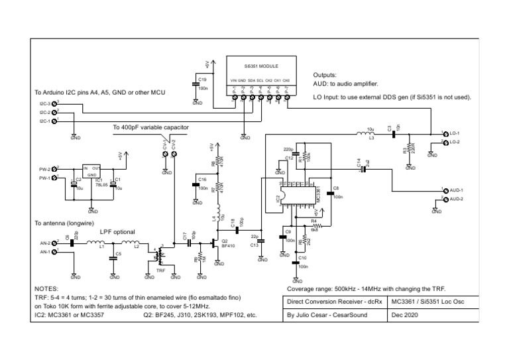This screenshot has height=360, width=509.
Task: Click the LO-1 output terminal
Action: point(446,133)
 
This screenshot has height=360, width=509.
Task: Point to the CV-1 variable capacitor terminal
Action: point(166,154)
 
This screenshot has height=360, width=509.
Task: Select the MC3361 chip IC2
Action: point(299,196)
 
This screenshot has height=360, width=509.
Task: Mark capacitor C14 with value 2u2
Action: point(363,169)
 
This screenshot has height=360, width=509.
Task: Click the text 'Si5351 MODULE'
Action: point(261,67)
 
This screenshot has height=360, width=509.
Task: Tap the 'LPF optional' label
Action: point(117,232)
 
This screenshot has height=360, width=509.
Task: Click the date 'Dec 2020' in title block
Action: point(406,316)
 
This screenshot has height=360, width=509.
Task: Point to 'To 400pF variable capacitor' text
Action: point(150,127)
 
